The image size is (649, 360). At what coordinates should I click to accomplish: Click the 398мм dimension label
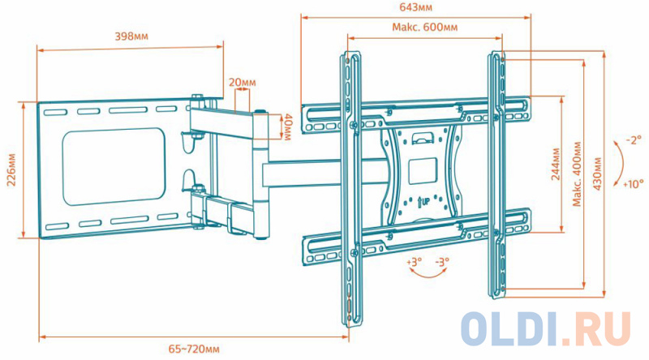pyautogui.click(x=131, y=36)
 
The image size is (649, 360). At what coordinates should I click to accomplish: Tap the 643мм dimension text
pyautogui.click(x=415, y=7)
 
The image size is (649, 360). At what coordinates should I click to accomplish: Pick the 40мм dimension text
pyautogui.click(x=286, y=126)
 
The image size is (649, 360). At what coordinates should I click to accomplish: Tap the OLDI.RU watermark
pyautogui.click(x=545, y=328)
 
